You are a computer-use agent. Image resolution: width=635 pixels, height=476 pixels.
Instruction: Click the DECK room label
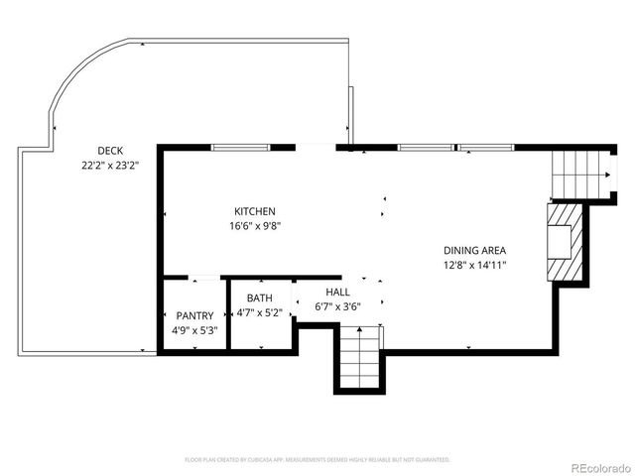96,152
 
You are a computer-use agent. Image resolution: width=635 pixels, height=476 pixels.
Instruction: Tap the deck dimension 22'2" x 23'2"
109,167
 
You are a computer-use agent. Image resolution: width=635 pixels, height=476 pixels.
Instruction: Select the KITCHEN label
254,211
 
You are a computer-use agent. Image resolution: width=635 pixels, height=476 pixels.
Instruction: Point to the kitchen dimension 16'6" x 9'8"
254,226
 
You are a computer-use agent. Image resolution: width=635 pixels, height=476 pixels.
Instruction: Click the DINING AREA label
475,250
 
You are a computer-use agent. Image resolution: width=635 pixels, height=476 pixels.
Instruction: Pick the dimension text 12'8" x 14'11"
475,265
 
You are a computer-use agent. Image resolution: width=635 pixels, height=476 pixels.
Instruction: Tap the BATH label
259,298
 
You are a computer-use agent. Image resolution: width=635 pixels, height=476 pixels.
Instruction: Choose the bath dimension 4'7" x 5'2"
259,312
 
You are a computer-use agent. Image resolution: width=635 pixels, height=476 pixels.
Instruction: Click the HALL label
337,293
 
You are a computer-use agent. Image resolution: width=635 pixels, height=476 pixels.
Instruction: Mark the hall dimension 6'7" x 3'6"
337,306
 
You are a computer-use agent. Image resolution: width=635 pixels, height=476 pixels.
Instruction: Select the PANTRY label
194,316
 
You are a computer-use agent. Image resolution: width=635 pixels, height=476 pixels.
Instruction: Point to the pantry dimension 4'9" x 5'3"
194,330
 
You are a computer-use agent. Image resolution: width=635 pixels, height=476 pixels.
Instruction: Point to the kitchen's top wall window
240,148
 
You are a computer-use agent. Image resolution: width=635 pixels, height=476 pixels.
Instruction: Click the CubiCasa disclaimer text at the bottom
317,460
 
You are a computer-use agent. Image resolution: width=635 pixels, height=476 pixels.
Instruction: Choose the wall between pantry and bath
228,315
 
